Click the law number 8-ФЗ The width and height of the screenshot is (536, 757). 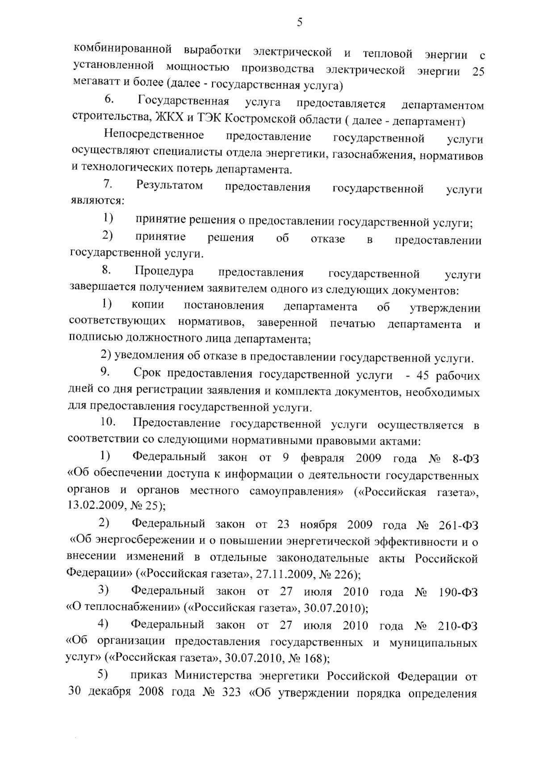pos(463,459)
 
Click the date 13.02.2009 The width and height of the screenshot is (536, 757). pos(94,506)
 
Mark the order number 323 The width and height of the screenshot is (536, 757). pos(230,693)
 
